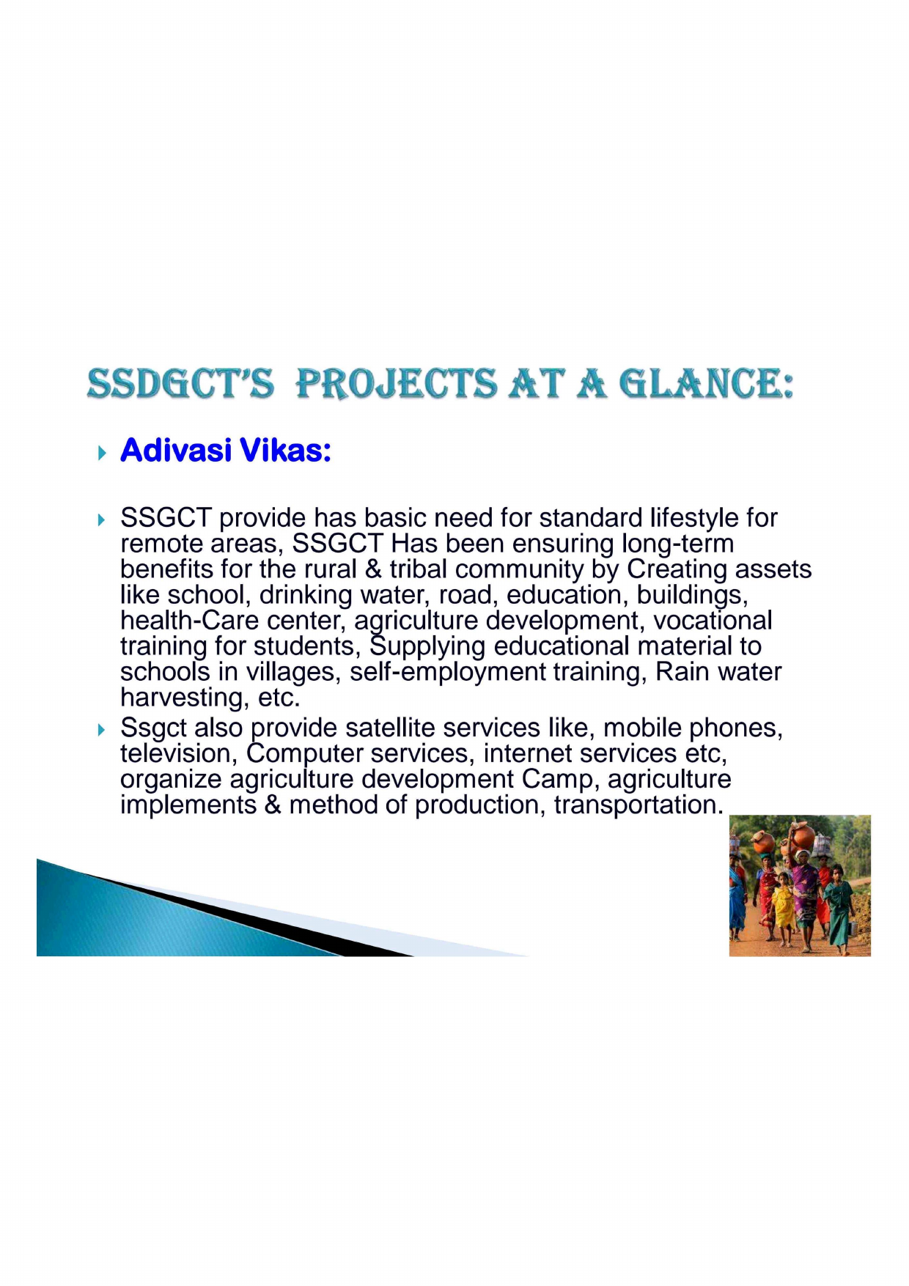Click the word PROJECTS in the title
pyautogui.click(x=396, y=384)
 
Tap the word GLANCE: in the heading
pyautogui.click(x=707, y=384)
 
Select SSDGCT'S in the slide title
pyautogui.click(x=180, y=384)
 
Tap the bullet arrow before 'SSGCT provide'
pyautogui.click(x=101, y=520)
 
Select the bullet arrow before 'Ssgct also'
pyautogui.click(x=101, y=730)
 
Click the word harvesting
pyautogui.click(x=185, y=698)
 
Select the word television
pyautogui.click(x=175, y=754)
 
